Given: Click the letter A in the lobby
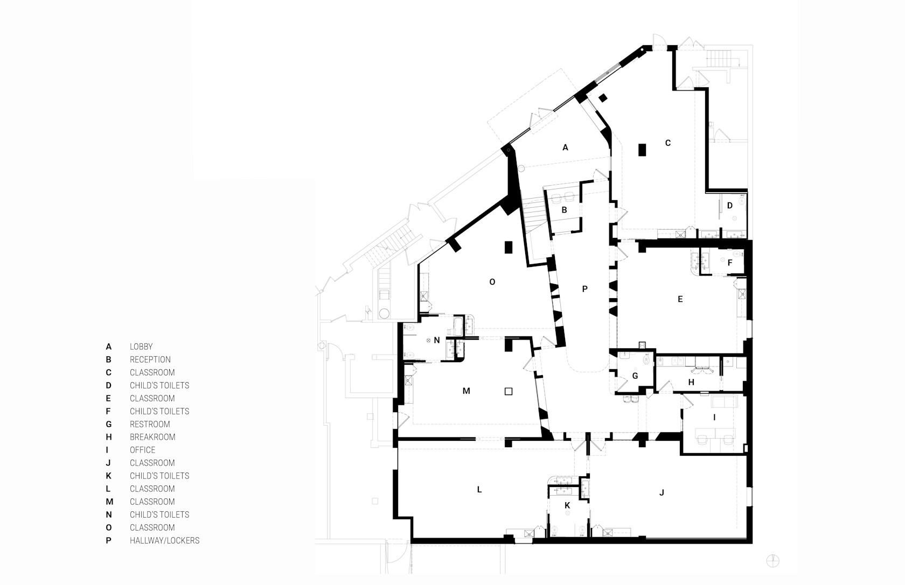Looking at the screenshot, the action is tap(565, 148).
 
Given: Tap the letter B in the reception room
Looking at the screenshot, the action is tap(565, 210).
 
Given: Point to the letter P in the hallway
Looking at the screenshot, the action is tap(584, 288).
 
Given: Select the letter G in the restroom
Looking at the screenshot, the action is tap(635, 376).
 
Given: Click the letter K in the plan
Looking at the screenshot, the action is tap(567, 505).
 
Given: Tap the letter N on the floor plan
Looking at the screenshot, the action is tap(437, 340).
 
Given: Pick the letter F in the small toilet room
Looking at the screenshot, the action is tap(730, 263).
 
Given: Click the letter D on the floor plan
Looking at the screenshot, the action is tap(729, 206).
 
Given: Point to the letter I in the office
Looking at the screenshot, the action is tap(714, 418).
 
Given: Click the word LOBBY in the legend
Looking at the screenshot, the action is tap(141, 347).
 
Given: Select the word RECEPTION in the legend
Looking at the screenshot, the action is tap(150, 360).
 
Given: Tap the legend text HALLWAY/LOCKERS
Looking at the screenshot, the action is tap(164, 540).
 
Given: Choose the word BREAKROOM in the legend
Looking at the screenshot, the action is tap(152, 437).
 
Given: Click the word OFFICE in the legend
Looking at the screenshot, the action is tap(142, 450).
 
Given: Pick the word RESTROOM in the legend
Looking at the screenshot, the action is tap(150, 424).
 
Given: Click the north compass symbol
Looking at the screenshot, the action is tap(773, 561).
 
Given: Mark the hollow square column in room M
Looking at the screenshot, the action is tap(509, 391).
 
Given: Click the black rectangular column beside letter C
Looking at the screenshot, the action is tap(642, 150).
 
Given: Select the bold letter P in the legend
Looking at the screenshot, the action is tap(108, 540).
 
